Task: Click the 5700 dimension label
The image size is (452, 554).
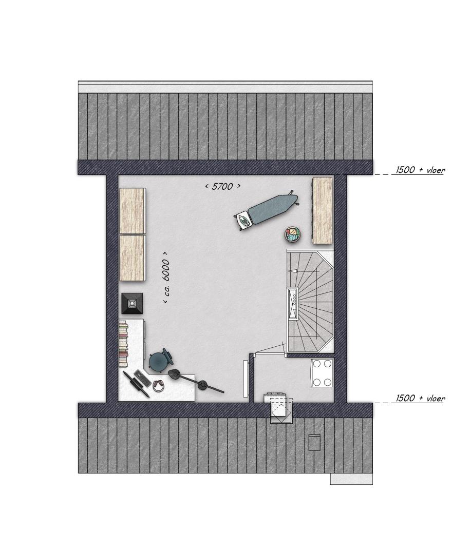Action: (x=223, y=186)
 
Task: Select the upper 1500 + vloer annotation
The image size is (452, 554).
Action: (x=420, y=170)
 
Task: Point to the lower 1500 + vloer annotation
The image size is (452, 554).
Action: (x=420, y=398)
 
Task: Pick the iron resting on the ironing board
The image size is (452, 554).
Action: (x=244, y=220)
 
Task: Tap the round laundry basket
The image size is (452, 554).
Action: (x=292, y=234)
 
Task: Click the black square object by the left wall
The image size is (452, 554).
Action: (x=132, y=303)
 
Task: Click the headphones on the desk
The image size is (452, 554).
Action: (x=158, y=385)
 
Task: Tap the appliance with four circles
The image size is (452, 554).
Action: (x=322, y=373)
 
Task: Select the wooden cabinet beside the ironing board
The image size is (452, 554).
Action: (x=322, y=211)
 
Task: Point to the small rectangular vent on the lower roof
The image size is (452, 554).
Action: (x=314, y=442)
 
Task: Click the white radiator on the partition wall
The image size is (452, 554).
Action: (x=246, y=379)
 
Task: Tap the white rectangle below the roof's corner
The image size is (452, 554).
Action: (x=351, y=479)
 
